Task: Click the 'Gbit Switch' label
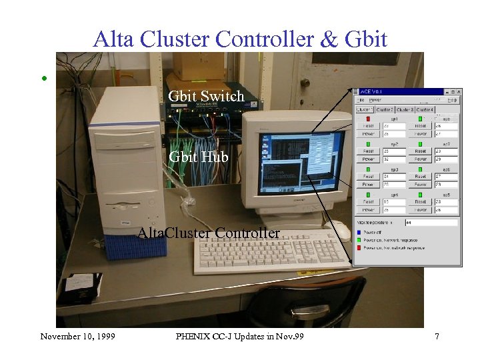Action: pos(206,97)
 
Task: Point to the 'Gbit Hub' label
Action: pos(198,157)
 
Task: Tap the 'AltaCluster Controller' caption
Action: pos(208,233)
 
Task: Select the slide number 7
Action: pos(437,337)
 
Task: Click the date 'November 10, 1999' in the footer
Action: pos(77,337)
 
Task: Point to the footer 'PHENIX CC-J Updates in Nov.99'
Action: pos(240,337)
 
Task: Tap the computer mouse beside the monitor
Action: pos(341,230)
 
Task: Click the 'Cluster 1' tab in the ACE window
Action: pos(365,109)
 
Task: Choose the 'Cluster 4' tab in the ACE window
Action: pos(425,109)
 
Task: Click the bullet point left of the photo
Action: pos(44,78)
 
